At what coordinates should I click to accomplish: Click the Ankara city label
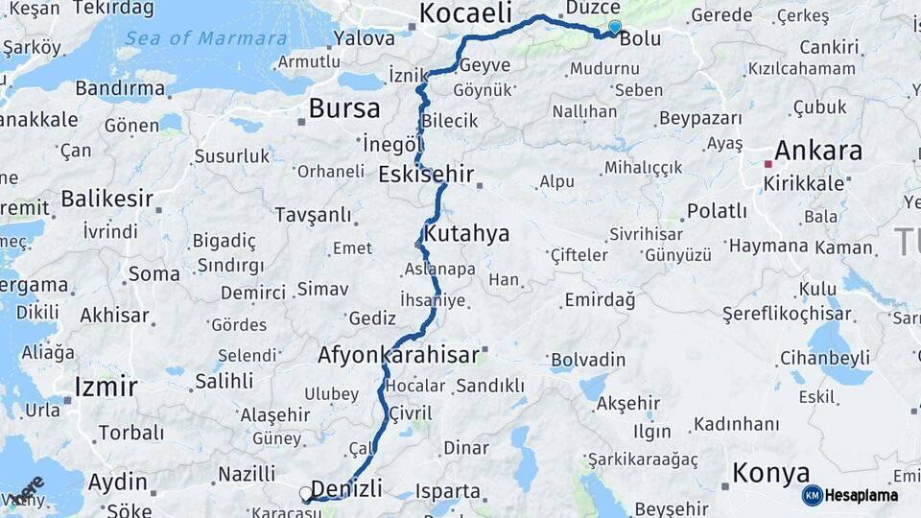pyautogui.click(x=817, y=151)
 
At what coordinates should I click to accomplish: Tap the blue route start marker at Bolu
pyautogui.click(x=614, y=27)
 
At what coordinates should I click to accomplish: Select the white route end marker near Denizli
pyautogui.click(x=306, y=494)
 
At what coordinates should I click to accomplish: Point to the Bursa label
pyautogui.click(x=343, y=108)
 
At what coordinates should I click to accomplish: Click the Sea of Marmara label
pyautogui.click(x=205, y=39)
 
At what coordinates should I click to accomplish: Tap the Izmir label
pyautogui.click(x=106, y=387)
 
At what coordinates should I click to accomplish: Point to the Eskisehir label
pyautogui.click(x=426, y=175)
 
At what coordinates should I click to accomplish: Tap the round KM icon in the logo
pyautogui.click(x=813, y=495)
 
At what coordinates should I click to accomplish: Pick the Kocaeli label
pyautogui.click(x=465, y=13)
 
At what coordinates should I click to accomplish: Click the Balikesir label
pyautogui.click(x=107, y=199)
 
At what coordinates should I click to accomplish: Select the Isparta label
pyautogui.click(x=448, y=491)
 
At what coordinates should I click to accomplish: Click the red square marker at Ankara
pyautogui.click(x=767, y=164)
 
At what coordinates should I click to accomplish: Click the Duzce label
pyautogui.click(x=593, y=8)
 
